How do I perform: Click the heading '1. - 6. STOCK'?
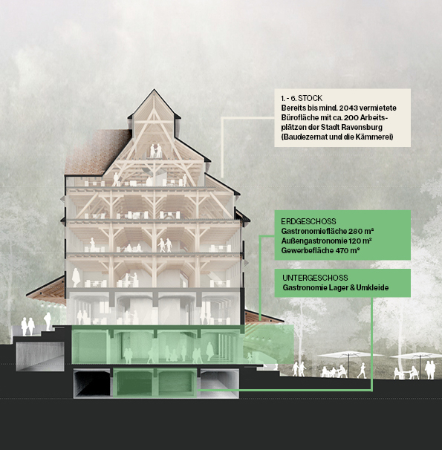(302, 98)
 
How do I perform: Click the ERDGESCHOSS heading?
(308, 221)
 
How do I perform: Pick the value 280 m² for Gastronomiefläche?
(361, 231)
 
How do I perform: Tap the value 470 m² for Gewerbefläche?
(347, 250)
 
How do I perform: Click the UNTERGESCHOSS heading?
(315, 278)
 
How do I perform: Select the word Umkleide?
(372, 287)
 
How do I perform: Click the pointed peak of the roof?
(154, 90)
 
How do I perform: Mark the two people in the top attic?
(155, 151)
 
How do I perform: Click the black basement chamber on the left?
(91, 384)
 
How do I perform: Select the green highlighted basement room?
(155, 383)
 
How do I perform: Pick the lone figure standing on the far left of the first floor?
(76, 278)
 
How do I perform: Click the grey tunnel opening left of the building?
(40, 356)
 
